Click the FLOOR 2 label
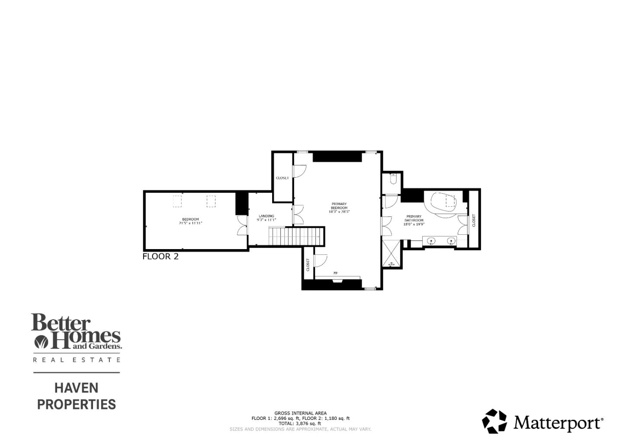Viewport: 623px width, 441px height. tap(161, 256)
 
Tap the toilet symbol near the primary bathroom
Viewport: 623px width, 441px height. tap(393, 179)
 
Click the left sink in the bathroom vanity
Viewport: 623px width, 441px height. tap(431, 241)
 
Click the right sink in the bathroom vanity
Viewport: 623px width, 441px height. tap(451, 241)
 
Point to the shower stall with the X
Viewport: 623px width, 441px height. tap(392, 253)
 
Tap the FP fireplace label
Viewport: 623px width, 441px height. tap(335, 273)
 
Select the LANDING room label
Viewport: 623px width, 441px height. tap(267, 216)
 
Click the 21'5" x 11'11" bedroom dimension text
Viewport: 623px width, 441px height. tap(190, 223)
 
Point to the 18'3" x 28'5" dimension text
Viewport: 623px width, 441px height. tap(339, 212)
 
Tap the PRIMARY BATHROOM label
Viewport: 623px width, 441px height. tap(414, 218)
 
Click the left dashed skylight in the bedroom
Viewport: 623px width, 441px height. tap(177, 201)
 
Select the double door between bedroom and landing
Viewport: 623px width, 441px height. tap(242, 225)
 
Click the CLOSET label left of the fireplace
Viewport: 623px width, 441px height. tap(308, 265)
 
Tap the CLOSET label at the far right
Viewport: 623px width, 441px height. tap(474, 220)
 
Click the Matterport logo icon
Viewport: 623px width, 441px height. tap(494, 421)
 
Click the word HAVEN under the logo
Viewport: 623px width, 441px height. tap(76, 388)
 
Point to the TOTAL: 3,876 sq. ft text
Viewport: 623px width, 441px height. tap(300, 424)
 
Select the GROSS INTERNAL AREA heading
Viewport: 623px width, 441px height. tap(300, 413)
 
